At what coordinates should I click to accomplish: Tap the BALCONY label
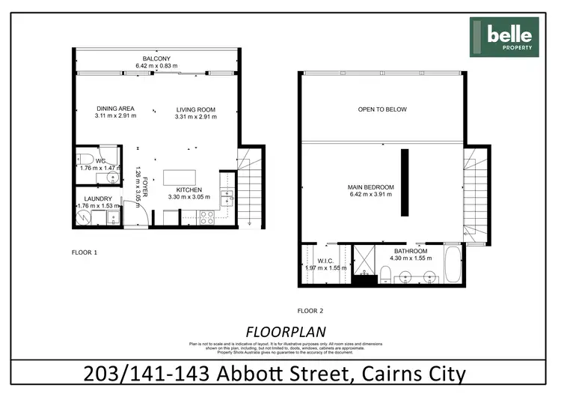click(x=157, y=58)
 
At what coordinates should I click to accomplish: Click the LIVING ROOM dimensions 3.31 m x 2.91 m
click(x=194, y=117)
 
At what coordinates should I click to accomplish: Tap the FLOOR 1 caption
click(x=85, y=253)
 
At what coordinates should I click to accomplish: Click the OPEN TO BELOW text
click(x=381, y=110)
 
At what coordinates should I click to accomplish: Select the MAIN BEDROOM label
click(x=370, y=187)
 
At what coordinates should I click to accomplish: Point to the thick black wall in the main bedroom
click(x=404, y=182)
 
